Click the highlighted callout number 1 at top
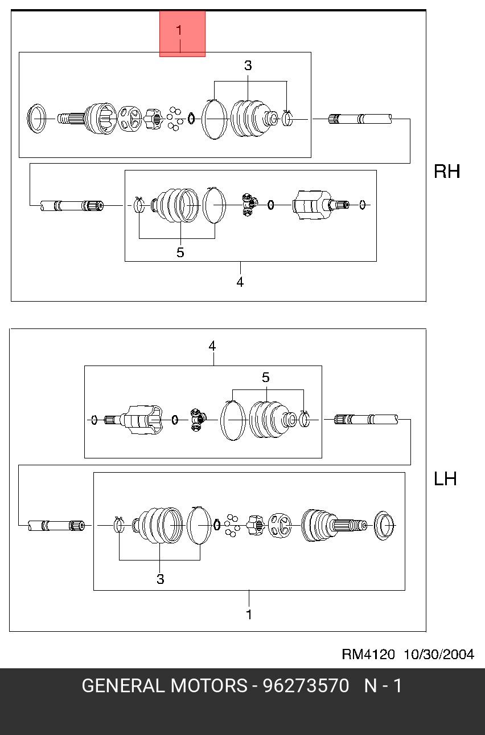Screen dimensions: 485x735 pos(179,31)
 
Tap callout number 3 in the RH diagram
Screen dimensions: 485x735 pos(248,66)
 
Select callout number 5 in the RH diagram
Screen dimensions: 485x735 pos(180,253)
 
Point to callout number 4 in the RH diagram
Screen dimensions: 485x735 pos(240,282)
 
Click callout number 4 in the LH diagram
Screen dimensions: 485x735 pos(212,346)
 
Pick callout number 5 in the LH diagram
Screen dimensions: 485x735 pos(266,377)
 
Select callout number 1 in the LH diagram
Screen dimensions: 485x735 pos(249,615)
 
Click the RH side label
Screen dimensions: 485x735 pos(447,171)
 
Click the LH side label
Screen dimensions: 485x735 pos(445,479)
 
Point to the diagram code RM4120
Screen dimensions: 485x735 pos(368,654)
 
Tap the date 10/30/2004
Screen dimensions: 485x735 pos(439,654)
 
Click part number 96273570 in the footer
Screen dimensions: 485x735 pos(306,686)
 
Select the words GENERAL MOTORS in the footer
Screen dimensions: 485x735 pos(165,686)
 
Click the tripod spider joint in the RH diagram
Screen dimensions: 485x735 pos(249,205)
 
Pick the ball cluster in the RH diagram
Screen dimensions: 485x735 pos(175,118)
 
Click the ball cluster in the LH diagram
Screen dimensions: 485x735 pos(232,525)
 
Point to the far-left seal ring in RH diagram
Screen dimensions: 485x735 pos(36,119)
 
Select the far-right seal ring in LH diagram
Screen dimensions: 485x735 pos(384,525)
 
